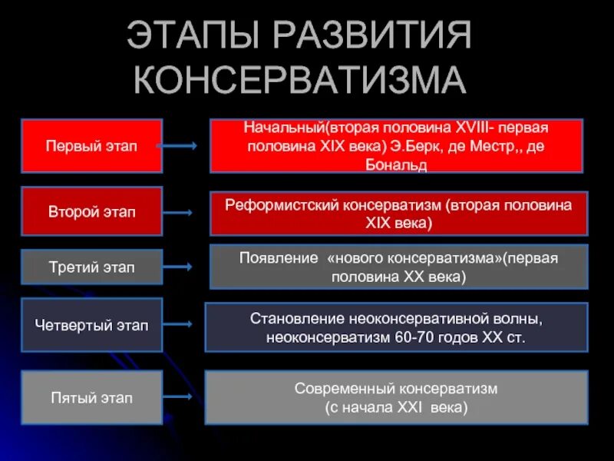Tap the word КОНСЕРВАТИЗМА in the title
pos(300,80)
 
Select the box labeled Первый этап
pos(91,146)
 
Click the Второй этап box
pos(91,211)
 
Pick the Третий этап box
pos(91,267)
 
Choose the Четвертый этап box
pos(91,325)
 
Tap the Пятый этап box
pos(91,398)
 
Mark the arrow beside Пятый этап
pos(180,398)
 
